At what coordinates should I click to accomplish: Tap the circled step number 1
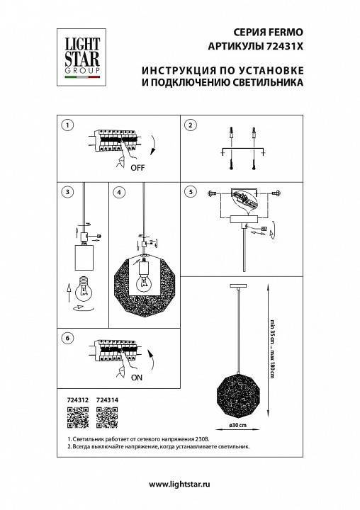coord(67,125)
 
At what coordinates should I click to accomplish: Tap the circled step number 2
coord(189,125)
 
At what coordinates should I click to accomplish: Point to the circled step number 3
coord(67,192)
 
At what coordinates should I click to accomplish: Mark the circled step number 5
coord(189,192)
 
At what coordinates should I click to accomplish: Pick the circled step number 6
coord(67,339)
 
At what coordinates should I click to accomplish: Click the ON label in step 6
coord(137,378)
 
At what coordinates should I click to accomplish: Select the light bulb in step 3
coord(84,288)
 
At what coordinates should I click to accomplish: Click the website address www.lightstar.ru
coord(180,483)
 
